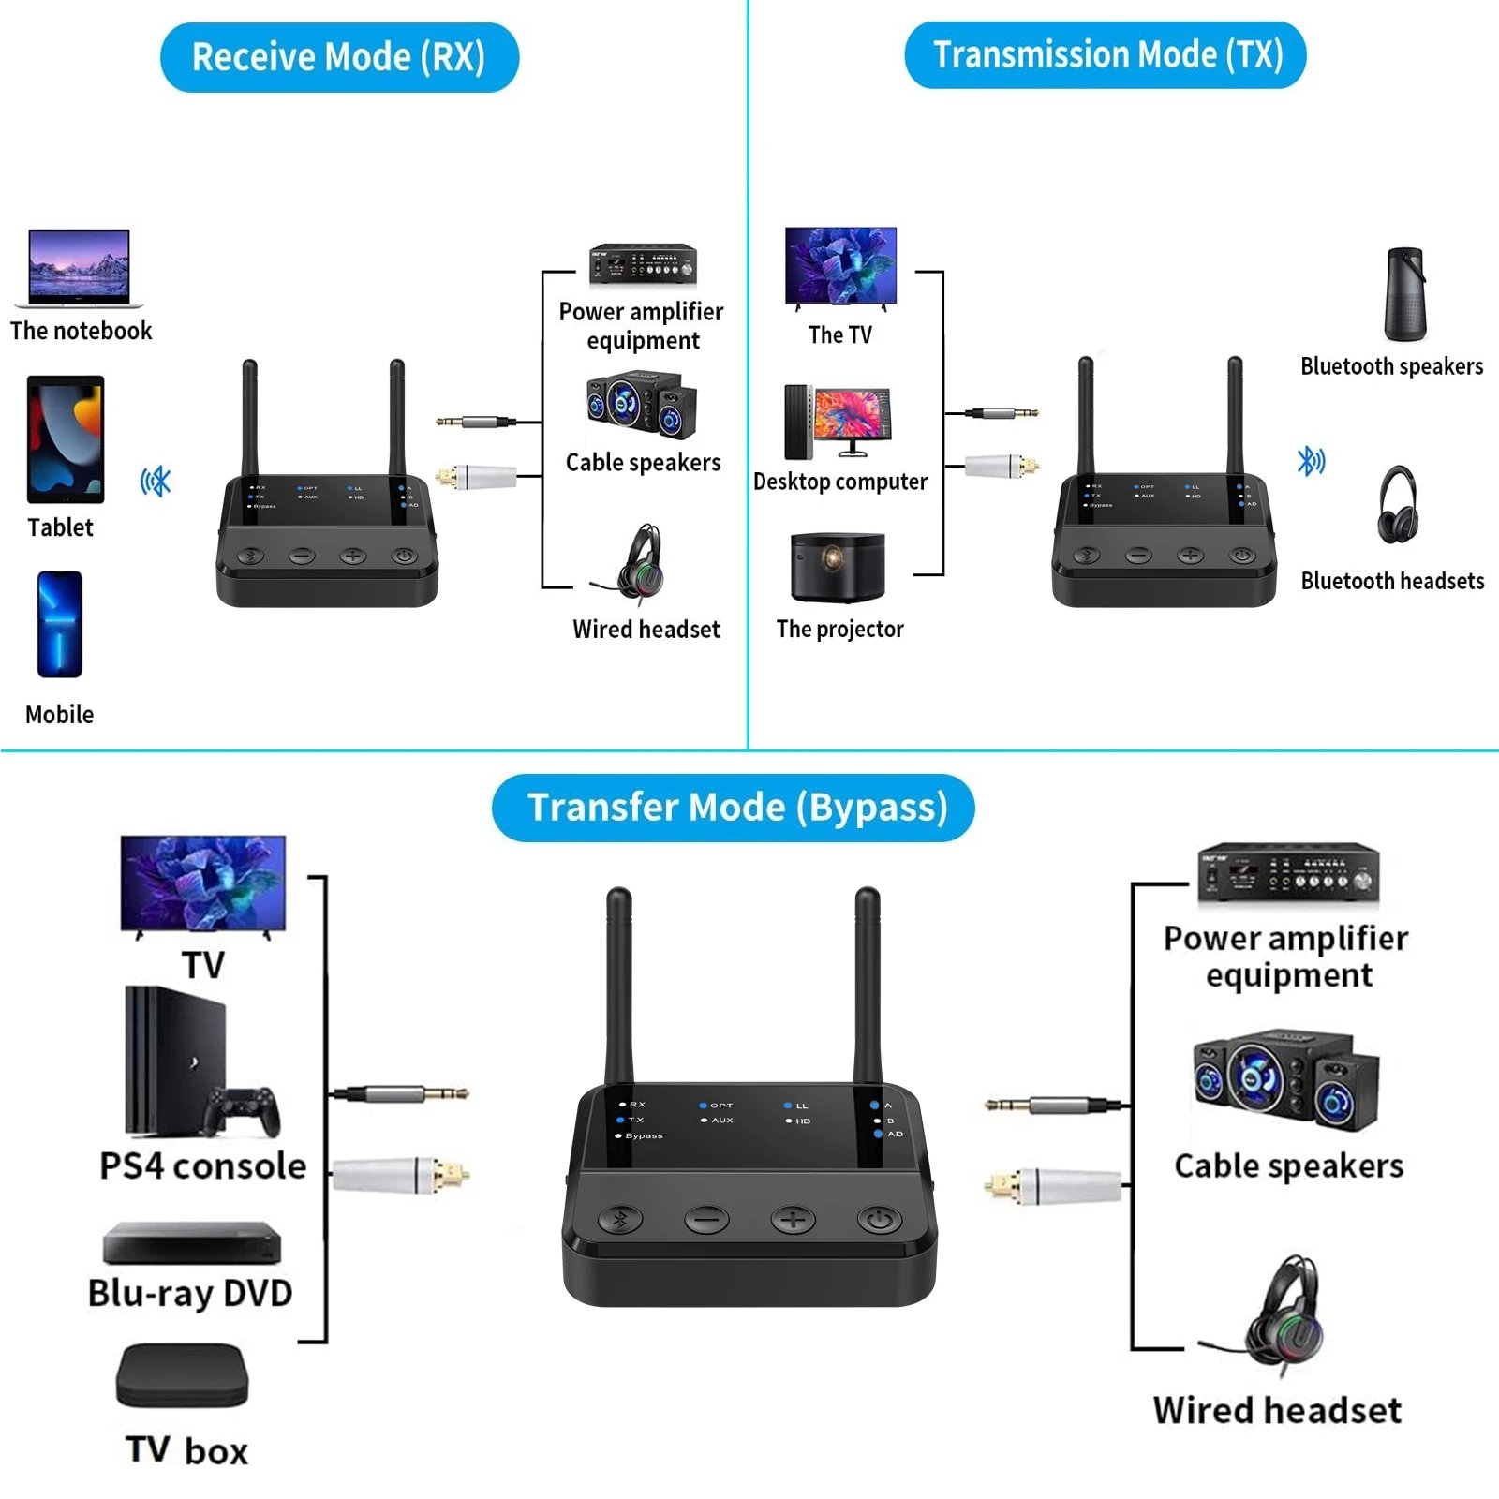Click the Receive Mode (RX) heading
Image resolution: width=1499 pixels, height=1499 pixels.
[x=338, y=57]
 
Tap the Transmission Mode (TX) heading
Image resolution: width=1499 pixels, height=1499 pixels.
[x=1106, y=55]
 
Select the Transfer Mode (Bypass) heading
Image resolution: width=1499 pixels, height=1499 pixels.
[x=734, y=808]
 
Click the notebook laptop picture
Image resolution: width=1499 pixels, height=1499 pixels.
[x=80, y=268]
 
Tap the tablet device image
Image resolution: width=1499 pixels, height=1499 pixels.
[x=66, y=439]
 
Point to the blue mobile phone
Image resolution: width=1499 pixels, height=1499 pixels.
[x=60, y=624]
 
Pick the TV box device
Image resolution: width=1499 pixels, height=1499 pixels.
[x=183, y=1374]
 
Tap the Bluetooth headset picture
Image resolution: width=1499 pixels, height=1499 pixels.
[x=1398, y=506]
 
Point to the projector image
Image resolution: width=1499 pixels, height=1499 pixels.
[x=838, y=567]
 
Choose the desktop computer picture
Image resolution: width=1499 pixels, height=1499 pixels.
[x=839, y=422]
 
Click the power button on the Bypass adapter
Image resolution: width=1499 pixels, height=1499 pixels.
[x=879, y=1219]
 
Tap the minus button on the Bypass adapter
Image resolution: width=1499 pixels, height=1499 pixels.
[x=706, y=1219]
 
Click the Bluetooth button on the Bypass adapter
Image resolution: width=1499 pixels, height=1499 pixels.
[x=620, y=1219]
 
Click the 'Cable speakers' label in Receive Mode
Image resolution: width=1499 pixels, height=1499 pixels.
[x=643, y=463]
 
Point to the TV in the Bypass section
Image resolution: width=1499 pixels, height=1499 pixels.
[x=203, y=883]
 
